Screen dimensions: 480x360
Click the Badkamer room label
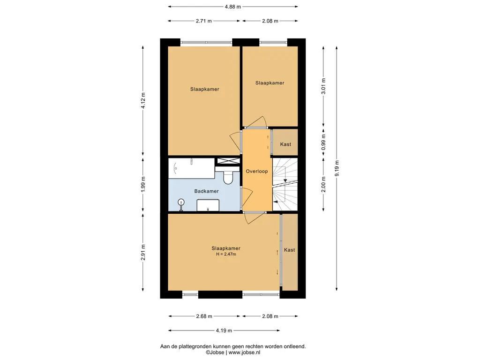click(206, 191)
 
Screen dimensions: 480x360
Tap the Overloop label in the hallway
click(256, 172)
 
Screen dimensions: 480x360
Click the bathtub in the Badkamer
click(192, 168)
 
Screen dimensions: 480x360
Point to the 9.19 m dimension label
click(337, 169)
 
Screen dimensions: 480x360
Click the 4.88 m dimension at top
click(232, 7)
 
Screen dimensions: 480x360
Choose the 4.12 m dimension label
click(143, 101)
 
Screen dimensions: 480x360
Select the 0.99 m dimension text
click(323, 142)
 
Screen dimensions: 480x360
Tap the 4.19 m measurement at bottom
click(224, 330)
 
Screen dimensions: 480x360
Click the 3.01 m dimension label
click(323, 87)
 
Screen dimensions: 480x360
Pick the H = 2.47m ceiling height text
click(226, 254)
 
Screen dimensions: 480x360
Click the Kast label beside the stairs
click(285, 144)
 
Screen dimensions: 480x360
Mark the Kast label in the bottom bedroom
click(289, 250)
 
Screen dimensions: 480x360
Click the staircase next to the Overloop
click(285, 184)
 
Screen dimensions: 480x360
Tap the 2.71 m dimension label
click(204, 21)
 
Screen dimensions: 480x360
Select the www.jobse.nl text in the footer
click(244, 352)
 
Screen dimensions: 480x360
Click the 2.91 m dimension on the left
click(143, 253)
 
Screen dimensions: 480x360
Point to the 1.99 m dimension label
click(143, 185)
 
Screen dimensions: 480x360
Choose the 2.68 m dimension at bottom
click(204, 316)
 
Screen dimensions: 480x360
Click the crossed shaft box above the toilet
click(228, 161)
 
